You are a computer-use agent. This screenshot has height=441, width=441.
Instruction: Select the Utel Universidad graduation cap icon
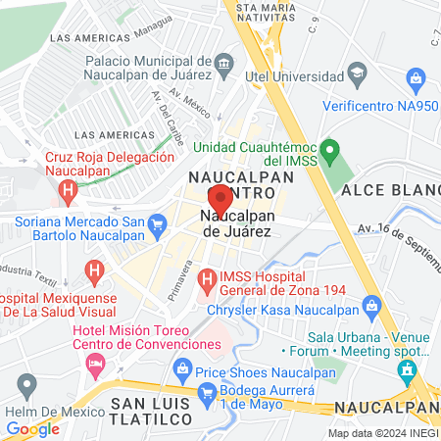click(358, 73)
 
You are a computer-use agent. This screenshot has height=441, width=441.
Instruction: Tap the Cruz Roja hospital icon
click(67, 190)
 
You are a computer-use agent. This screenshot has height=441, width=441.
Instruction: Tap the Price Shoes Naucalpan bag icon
click(181, 368)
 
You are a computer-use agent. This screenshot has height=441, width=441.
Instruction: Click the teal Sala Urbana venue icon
click(409, 369)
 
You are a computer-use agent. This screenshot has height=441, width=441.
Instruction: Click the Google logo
click(32, 428)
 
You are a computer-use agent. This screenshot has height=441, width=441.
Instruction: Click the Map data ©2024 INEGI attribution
click(382, 432)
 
